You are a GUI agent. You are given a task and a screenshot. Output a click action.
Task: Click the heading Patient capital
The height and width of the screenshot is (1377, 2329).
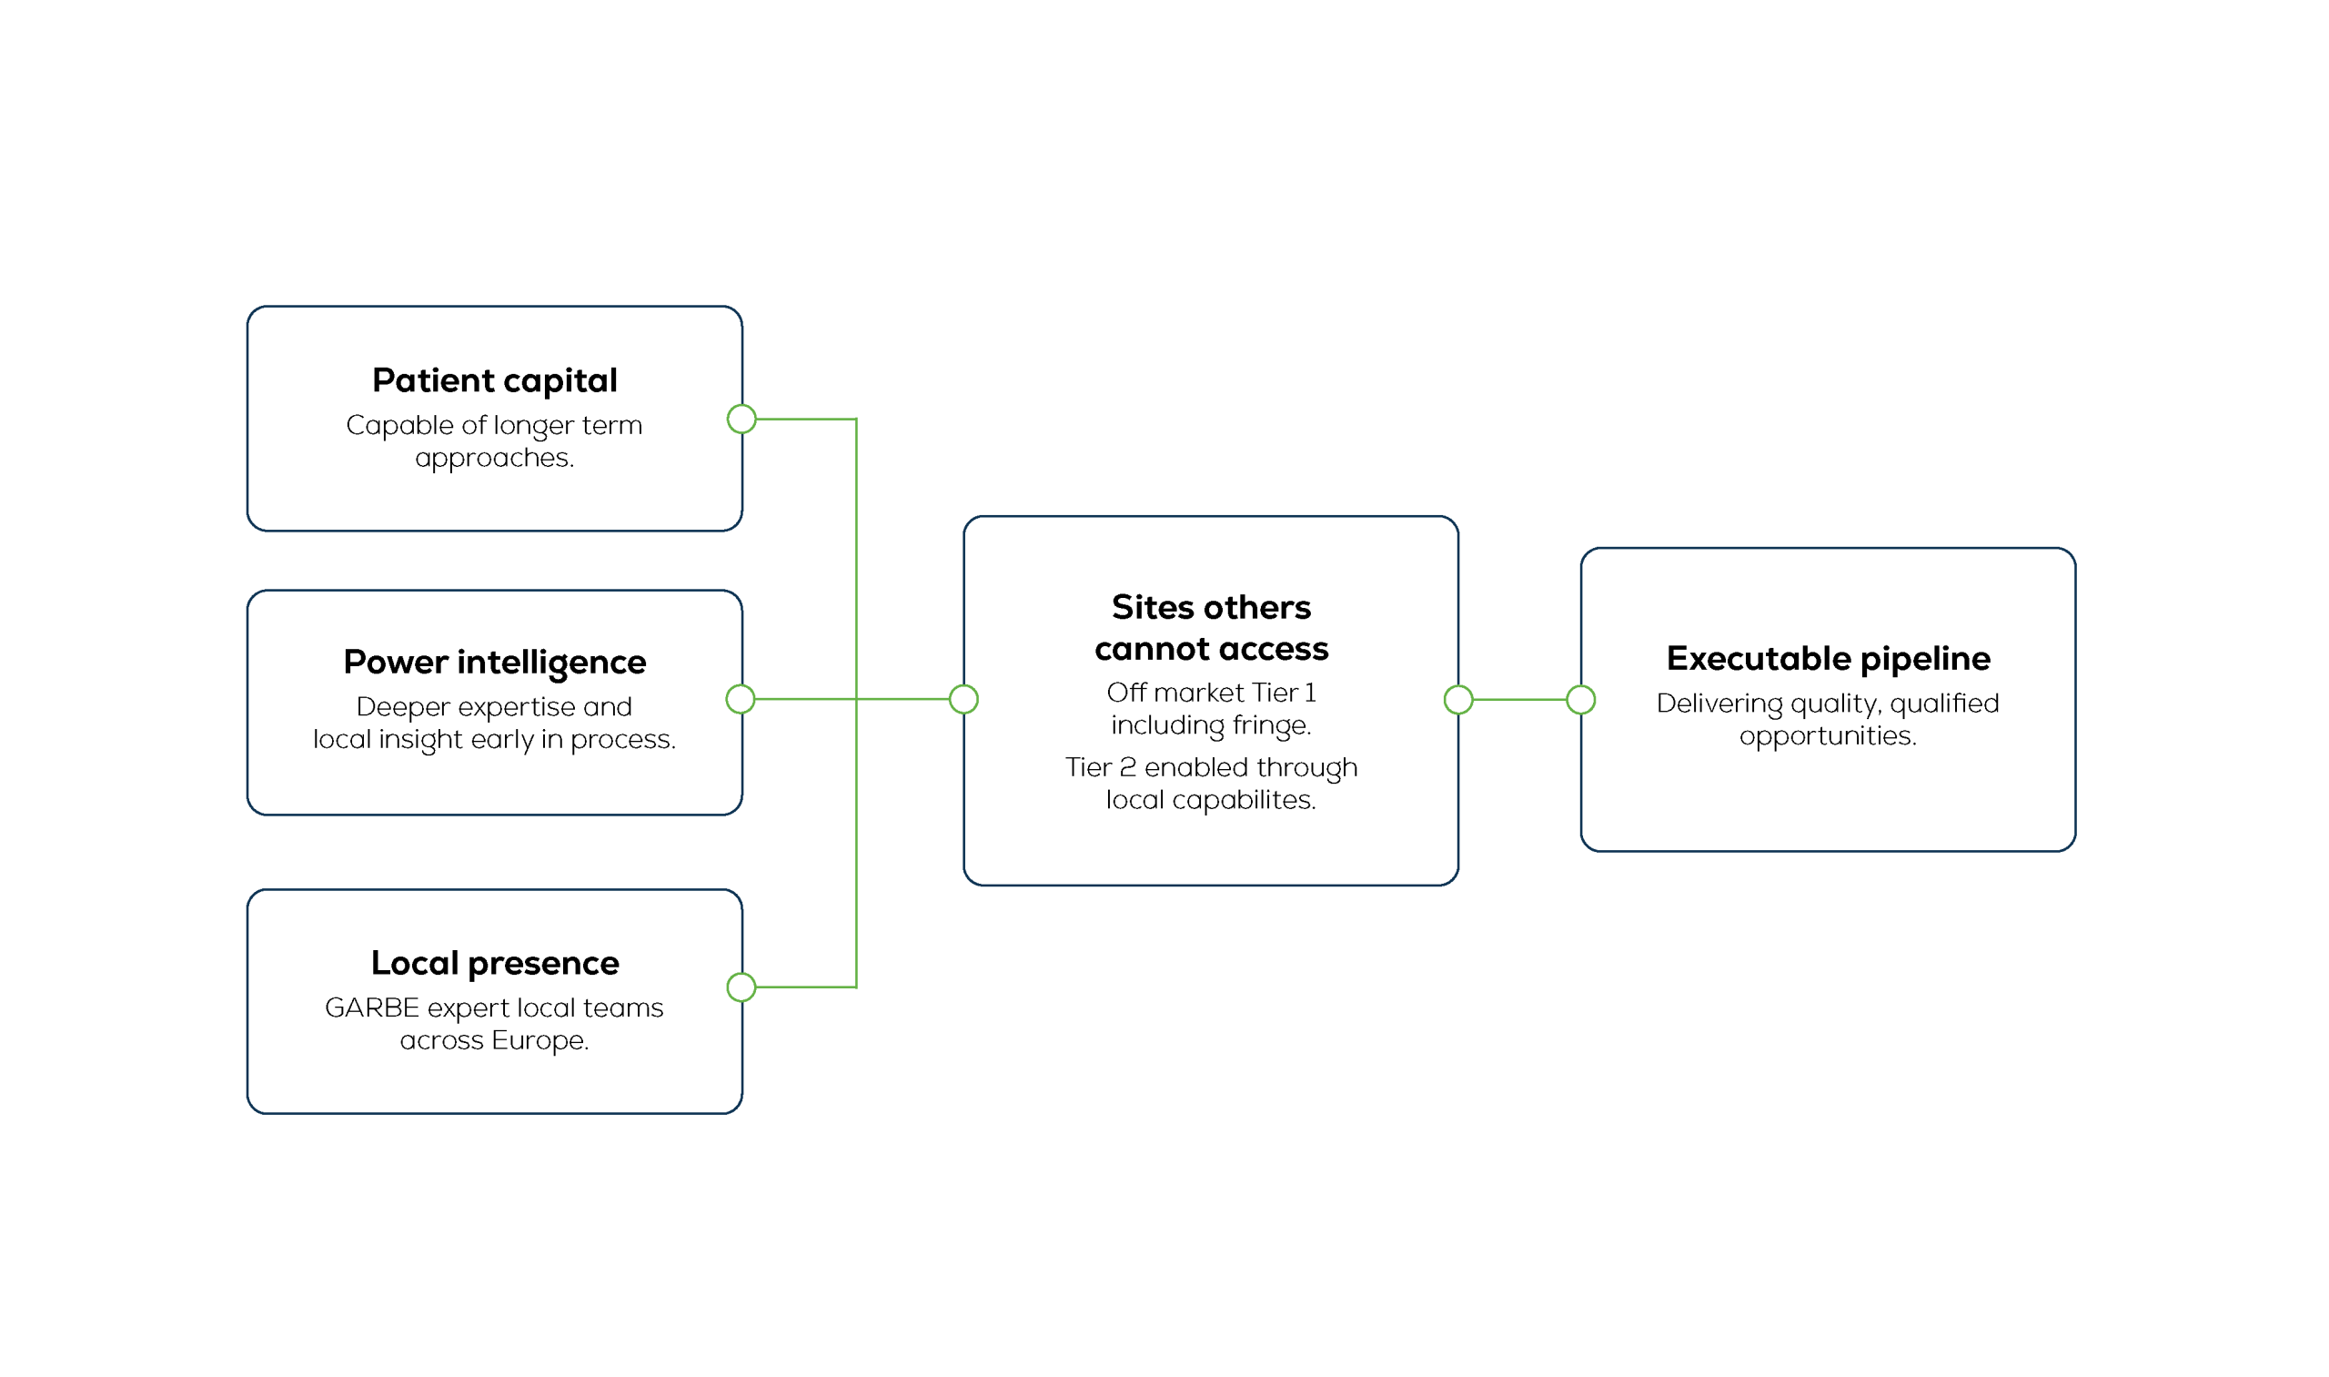pyautogui.click(x=494, y=381)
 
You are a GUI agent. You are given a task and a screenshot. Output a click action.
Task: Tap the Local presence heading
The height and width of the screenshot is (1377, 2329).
pyautogui.click(x=494, y=964)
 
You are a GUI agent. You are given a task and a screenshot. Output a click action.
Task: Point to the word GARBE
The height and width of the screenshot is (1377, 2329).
pyautogui.click(x=372, y=1008)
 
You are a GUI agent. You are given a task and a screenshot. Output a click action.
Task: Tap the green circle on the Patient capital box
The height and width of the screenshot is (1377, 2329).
pyautogui.click(x=741, y=420)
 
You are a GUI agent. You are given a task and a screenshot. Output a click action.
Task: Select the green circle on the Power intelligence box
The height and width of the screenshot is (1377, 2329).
pyautogui.click(x=741, y=700)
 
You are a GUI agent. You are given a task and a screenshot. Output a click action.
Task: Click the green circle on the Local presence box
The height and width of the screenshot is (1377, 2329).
pyautogui.click(x=741, y=988)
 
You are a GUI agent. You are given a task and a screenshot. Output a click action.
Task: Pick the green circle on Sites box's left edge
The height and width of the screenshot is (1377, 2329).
pyautogui.click(x=963, y=700)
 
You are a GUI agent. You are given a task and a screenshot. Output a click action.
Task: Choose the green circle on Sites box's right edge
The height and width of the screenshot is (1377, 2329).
pyautogui.click(x=1458, y=701)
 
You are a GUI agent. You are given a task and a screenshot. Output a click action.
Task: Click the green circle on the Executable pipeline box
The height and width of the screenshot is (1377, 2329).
pyautogui.click(x=1580, y=701)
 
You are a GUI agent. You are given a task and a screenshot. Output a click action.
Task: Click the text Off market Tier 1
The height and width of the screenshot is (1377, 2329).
pyautogui.click(x=1211, y=694)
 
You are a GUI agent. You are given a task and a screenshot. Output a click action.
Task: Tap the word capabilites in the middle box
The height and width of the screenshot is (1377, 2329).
pyautogui.click(x=1244, y=801)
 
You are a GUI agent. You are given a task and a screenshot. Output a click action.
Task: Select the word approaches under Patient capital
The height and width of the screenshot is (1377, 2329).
pyautogui.click(x=494, y=459)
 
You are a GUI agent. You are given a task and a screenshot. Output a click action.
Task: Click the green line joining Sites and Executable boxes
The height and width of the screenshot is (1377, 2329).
pyautogui.click(x=1519, y=701)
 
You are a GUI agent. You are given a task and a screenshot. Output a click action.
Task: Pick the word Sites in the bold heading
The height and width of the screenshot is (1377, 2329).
pyautogui.click(x=1152, y=608)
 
